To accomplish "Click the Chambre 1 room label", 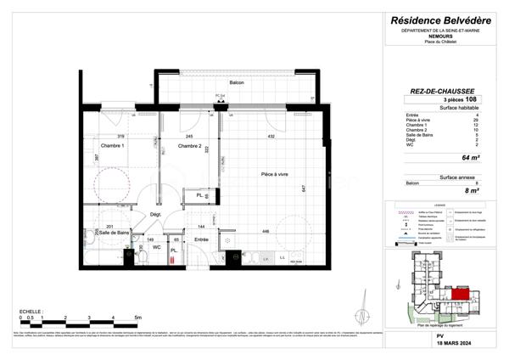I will point(113,146).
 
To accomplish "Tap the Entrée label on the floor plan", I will point(201,240).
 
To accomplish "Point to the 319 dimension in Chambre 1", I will point(120,137).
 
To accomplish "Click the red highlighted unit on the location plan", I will point(457,293).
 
